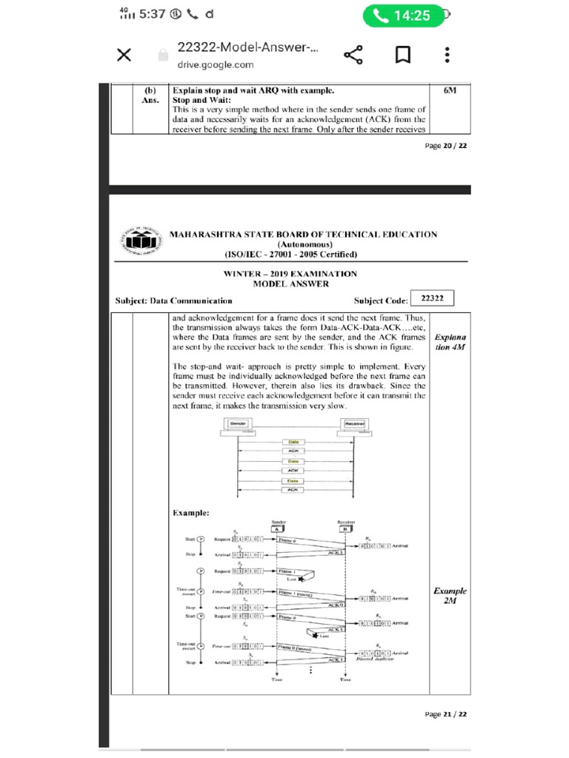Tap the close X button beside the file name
(124, 56)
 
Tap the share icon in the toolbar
(353, 56)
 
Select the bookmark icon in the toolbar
(402, 56)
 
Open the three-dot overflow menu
(447, 56)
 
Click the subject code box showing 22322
(431, 298)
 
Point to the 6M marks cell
(450, 90)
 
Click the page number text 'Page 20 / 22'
(445, 146)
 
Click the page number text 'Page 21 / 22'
(445, 714)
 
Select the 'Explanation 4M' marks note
(450, 341)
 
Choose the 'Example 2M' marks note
(450, 596)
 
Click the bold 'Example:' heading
(190, 512)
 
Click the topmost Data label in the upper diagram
(293, 442)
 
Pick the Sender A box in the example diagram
(276, 529)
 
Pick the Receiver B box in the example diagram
(344, 529)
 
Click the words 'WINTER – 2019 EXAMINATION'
(290, 274)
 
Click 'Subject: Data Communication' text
(173, 301)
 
